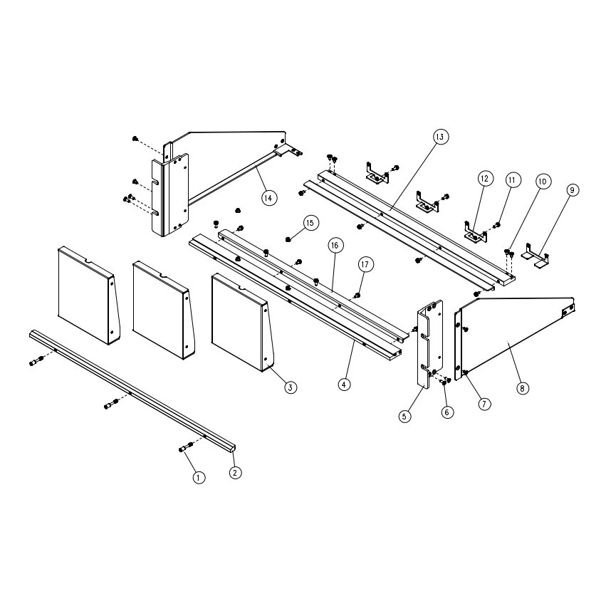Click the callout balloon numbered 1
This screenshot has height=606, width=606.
point(199,478)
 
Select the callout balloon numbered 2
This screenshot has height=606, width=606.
point(236,472)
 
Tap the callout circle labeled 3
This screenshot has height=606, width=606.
point(291,387)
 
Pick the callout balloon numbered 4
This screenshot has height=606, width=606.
point(344,384)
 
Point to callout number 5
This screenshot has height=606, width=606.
point(404,417)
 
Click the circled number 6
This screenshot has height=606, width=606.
point(446,412)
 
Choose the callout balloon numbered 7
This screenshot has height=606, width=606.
point(484,404)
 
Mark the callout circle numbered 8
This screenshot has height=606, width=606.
point(522,388)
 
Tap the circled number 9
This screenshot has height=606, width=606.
point(573,189)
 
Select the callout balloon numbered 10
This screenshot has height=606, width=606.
point(543,182)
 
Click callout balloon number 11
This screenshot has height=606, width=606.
point(513,180)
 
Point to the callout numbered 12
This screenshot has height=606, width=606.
point(486,179)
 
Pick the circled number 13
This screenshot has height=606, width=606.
point(440,137)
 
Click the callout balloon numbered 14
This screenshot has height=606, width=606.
point(269,198)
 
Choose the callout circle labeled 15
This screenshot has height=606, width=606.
point(310,223)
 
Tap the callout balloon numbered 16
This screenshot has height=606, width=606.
point(335,245)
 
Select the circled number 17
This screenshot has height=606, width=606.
point(365,265)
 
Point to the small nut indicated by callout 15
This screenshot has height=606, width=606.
point(288,239)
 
